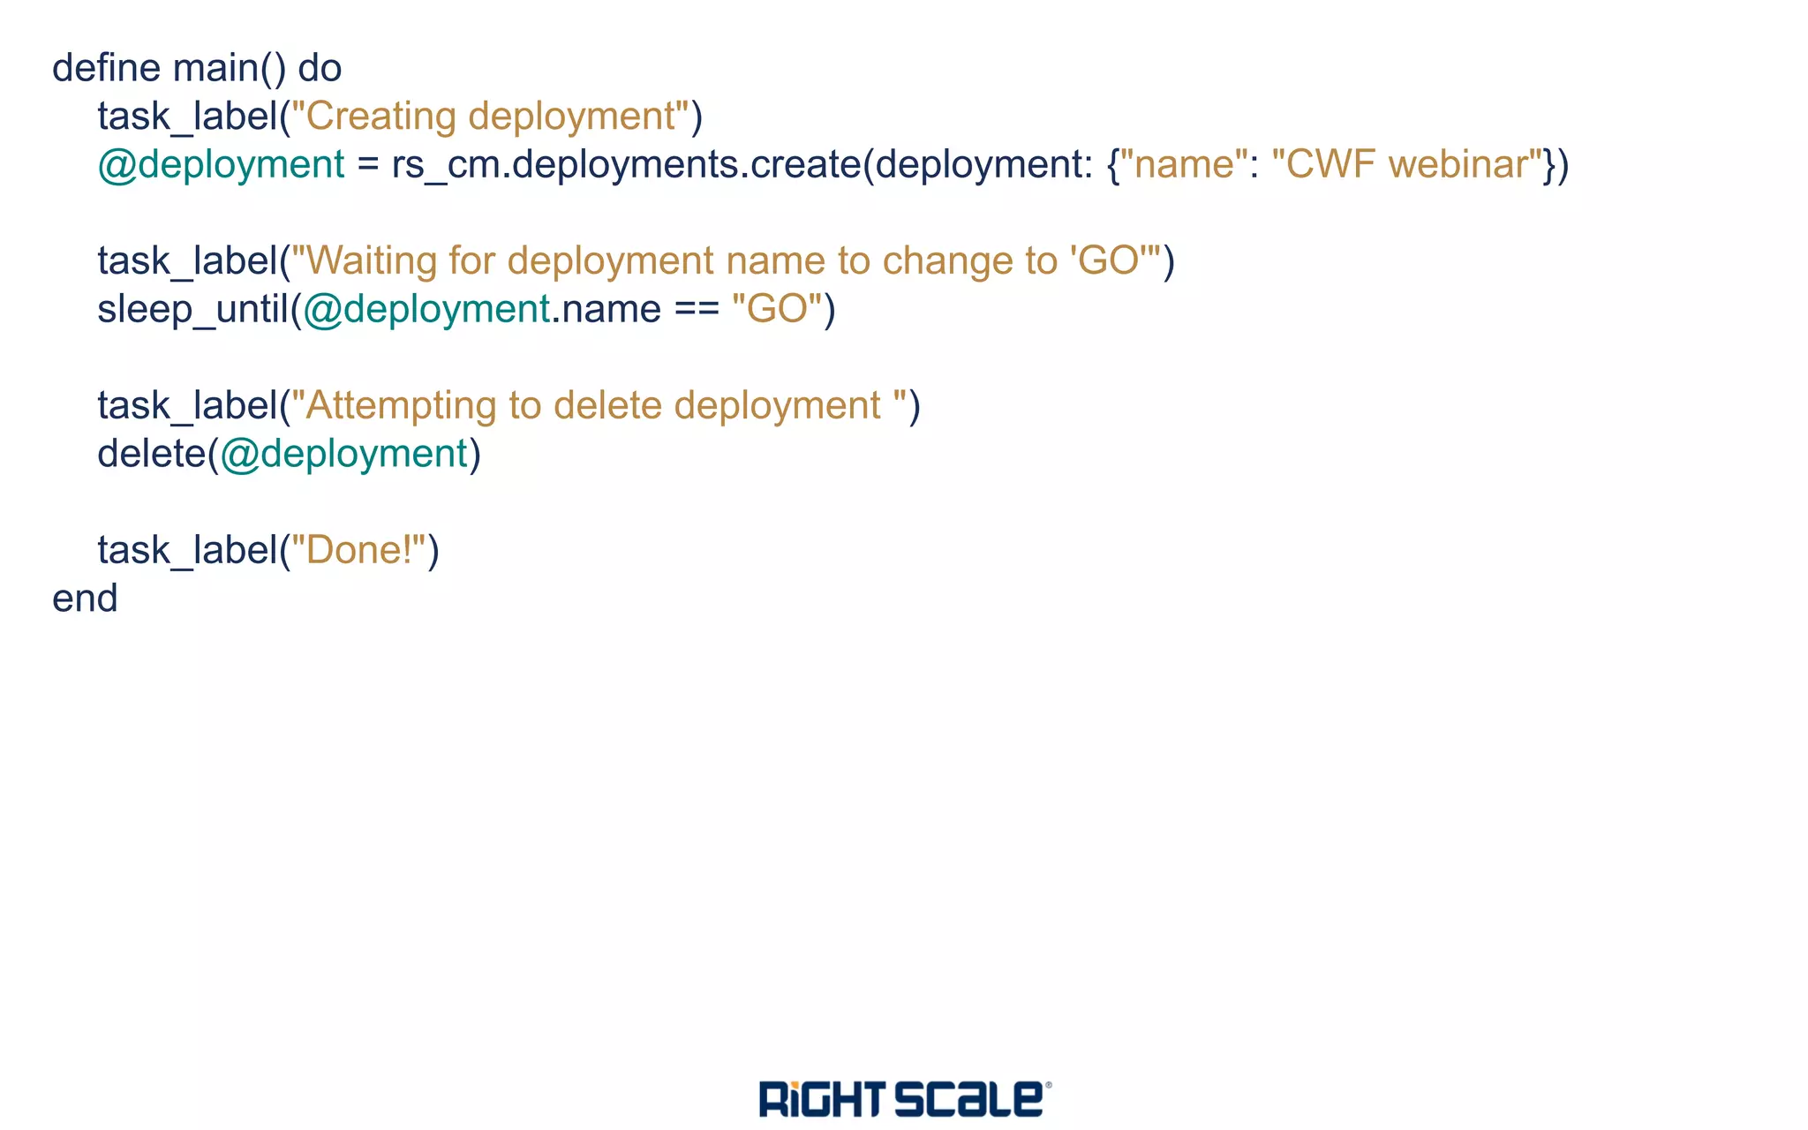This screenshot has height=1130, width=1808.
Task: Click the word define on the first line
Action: tap(106, 68)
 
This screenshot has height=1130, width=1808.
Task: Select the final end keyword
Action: tap(85, 599)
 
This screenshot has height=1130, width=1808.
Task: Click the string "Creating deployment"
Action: tap(490, 117)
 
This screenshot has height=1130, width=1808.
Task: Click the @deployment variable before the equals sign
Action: tap(221, 165)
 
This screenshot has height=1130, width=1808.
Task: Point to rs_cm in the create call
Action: tap(446, 165)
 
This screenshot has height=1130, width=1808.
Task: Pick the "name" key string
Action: tap(1184, 165)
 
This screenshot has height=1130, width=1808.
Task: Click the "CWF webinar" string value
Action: tap(1407, 165)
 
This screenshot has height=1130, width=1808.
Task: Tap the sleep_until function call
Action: tap(193, 310)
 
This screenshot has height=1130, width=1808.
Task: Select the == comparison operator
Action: tap(697, 310)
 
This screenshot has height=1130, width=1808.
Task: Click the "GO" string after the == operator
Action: tap(778, 310)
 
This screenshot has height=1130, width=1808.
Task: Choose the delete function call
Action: tap(151, 455)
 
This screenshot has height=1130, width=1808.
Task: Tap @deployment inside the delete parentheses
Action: tap(343, 455)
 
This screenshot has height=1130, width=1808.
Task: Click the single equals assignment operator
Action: tap(368, 165)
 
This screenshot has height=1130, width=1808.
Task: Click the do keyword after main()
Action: tap(320, 68)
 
